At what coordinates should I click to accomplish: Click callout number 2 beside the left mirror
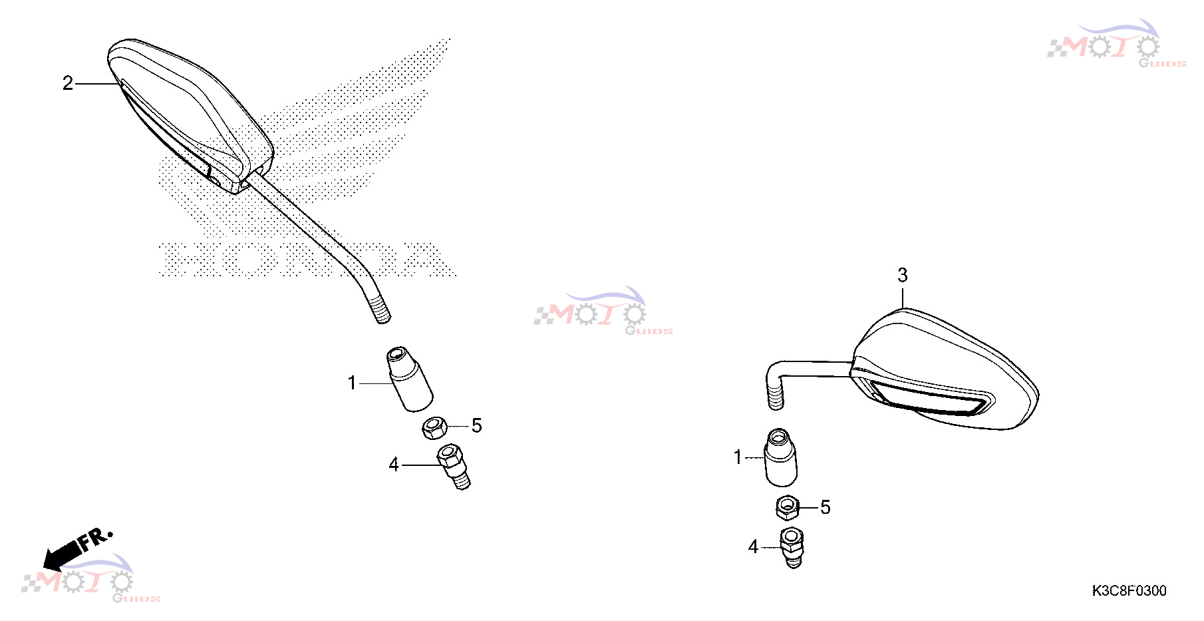pyautogui.click(x=68, y=83)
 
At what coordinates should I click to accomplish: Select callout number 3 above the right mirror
pyautogui.click(x=903, y=275)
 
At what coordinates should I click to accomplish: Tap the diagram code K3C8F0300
pyautogui.click(x=1129, y=590)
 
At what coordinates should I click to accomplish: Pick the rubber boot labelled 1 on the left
pyautogui.click(x=410, y=379)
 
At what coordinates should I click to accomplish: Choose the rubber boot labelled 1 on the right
pyautogui.click(x=781, y=458)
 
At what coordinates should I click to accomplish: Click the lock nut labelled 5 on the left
pyautogui.click(x=434, y=427)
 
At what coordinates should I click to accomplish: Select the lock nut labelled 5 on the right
pyautogui.click(x=788, y=508)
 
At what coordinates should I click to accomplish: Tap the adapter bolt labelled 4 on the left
pyautogui.click(x=454, y=467)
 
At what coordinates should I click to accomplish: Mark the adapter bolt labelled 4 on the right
pyautogui.click(x=792, y=547)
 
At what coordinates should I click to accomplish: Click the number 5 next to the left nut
pyautogui.click(x=476, y=426)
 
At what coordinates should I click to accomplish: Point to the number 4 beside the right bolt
pyautogui.click(x=753, y=547)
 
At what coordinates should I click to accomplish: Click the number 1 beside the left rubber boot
pyautogui.click(x=352, y=383)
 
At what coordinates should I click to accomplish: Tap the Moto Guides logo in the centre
pyautogui.click(x=603, y=311)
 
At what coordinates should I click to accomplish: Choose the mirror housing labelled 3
pyautogui.click(x=945, y=369)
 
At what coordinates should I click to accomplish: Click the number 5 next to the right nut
pyautogui.click(x=826, y=507)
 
